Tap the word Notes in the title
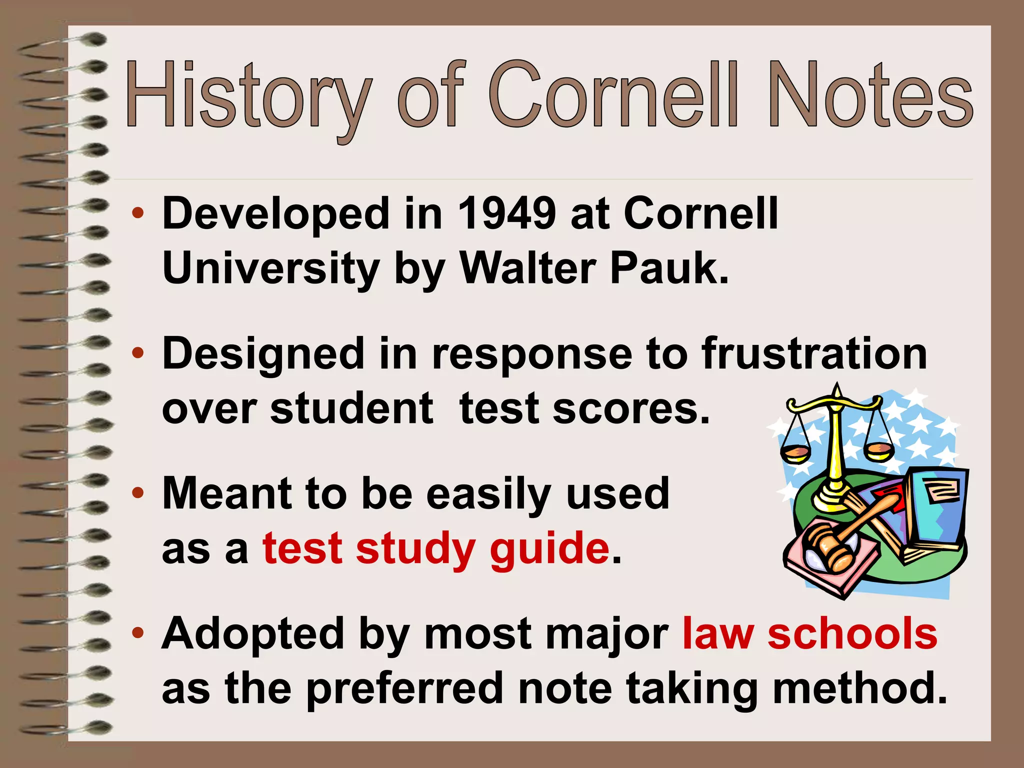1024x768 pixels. coord(870,95)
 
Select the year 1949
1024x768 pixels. coord(506,214)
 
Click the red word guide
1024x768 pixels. coord(549,549)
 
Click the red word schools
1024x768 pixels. coord(852,634)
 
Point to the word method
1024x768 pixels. coord(859,688)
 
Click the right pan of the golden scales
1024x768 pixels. coord(879,452)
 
